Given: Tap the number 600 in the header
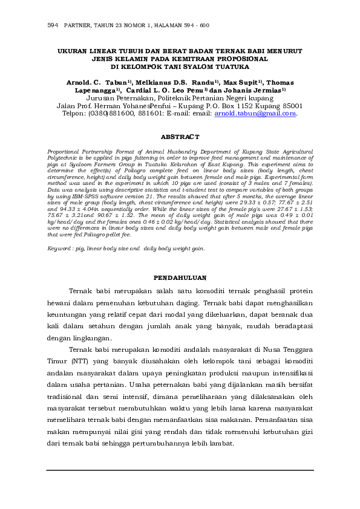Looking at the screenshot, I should [204, 26].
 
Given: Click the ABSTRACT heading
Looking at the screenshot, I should [180, 137].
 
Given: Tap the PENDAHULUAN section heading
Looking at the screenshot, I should [180, 278].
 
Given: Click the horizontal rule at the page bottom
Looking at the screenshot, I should [180, 470].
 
